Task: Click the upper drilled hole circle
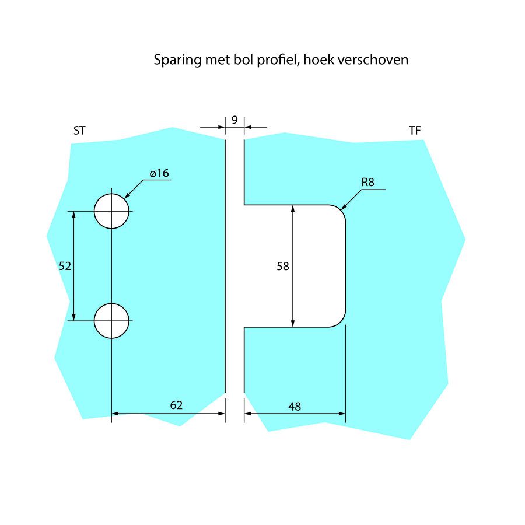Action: click(x=111, y=211)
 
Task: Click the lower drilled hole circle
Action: click(x=111, y=321)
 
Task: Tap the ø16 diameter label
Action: click(x=159, y=173)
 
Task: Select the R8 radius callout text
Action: click(x=367, y=183)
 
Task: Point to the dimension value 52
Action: click(x=65, y=266)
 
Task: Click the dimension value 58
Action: click(x=283, y=266)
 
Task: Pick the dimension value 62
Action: click(x=176, y=405)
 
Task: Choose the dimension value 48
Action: click(x=295, y=406)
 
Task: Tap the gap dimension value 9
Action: click(x=234, y=120)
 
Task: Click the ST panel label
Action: click(x=79, y=131)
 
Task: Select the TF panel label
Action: click(x=415, y=131)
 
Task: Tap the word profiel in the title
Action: click(x=278, y=61)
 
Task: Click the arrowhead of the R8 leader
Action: click(x=342, y=207)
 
